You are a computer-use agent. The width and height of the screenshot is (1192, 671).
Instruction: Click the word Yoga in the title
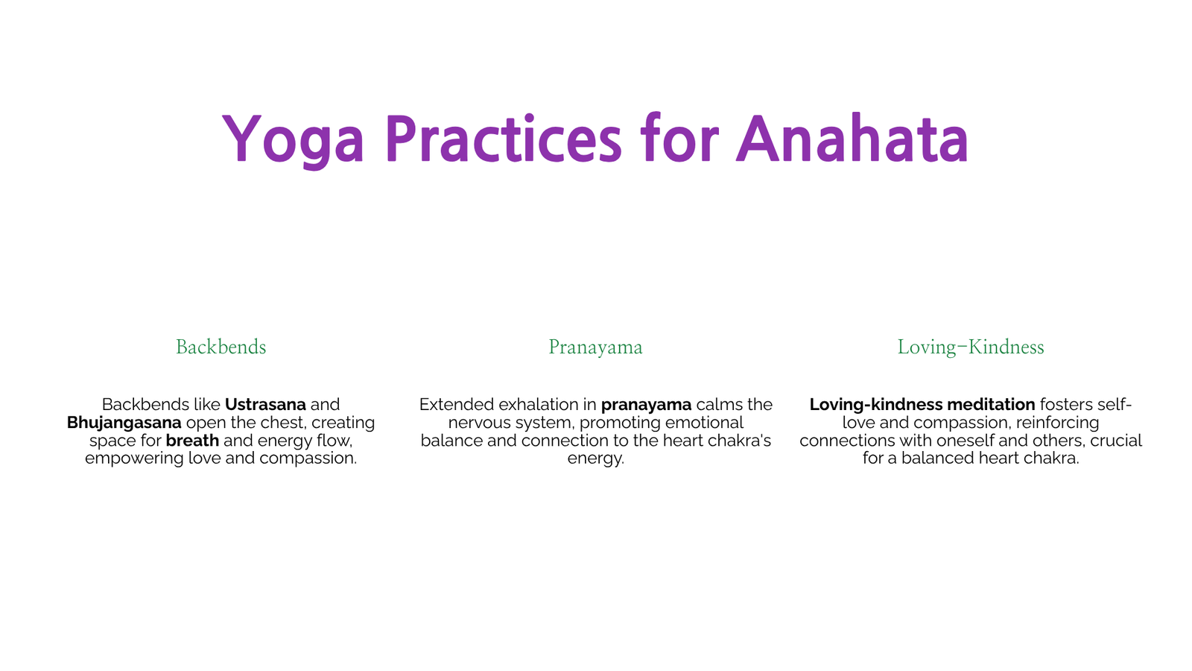tap(293, 139)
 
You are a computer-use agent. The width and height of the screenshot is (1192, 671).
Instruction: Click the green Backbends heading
tap(221, 347)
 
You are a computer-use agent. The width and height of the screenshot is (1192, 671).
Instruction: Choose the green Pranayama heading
tap(595, 347)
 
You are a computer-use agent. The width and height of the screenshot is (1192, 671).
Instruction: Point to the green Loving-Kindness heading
tap(971, 347)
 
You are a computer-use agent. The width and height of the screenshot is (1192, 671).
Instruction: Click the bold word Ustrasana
tap(265, 405)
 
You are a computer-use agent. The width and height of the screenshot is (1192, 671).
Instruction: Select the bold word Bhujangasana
tap(124, 423)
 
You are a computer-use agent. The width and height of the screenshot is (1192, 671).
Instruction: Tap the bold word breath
tap(192, 441)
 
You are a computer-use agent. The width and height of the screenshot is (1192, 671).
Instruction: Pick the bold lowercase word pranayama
tap(646, 406)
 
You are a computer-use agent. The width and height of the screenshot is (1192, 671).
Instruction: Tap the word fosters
tap(1066, 405)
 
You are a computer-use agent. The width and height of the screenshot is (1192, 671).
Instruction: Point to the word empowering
tap(134, 459)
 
